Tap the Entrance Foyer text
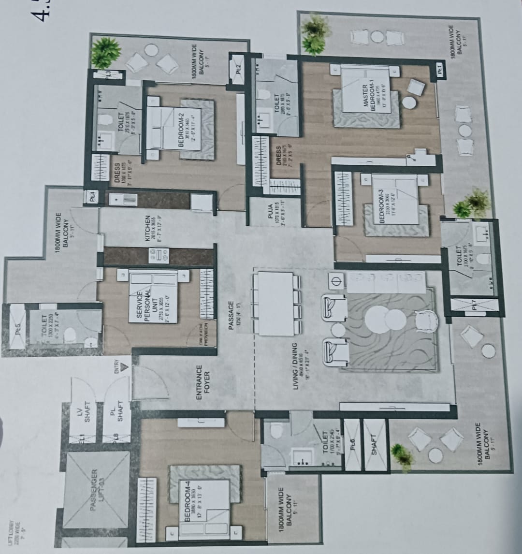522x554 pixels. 203,385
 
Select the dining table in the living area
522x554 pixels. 275,303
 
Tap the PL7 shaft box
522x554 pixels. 474,306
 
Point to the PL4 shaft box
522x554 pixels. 91,197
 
